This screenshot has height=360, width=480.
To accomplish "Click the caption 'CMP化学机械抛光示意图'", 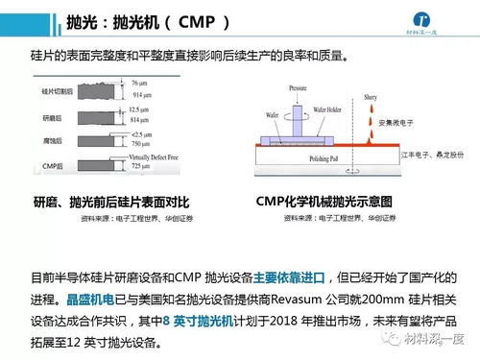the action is click(x=324, y=203).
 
